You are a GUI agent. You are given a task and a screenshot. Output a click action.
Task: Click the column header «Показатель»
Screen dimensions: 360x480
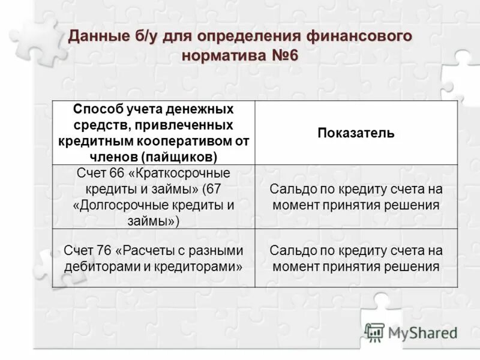pyautogui.click(x=356, y=133)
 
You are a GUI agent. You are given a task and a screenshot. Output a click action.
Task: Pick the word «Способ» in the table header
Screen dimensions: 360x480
pyautogui.click(x=98, y=110)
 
